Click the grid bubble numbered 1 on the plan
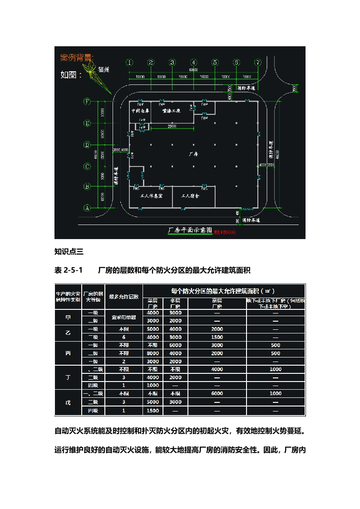tap(130, 63)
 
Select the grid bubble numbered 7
tap(257, 63)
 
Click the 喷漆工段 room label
tap(171, 110)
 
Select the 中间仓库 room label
tap(140, 110)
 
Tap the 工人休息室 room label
tap(152, 196)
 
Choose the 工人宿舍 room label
tap(191, 196)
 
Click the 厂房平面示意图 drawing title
tap(190, 230)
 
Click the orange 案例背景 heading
tap(77, 58)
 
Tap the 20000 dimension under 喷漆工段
tap(172, 126)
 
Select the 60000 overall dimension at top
tap(193, 70)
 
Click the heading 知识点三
tap(67, 251)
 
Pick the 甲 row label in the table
tap(68, 317)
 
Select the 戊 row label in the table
tap(68, 402)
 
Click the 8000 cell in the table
tap(153, 353)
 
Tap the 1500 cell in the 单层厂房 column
tap(153, 411)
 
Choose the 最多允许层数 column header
tap(123, 297)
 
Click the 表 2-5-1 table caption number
tap(68, 270)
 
